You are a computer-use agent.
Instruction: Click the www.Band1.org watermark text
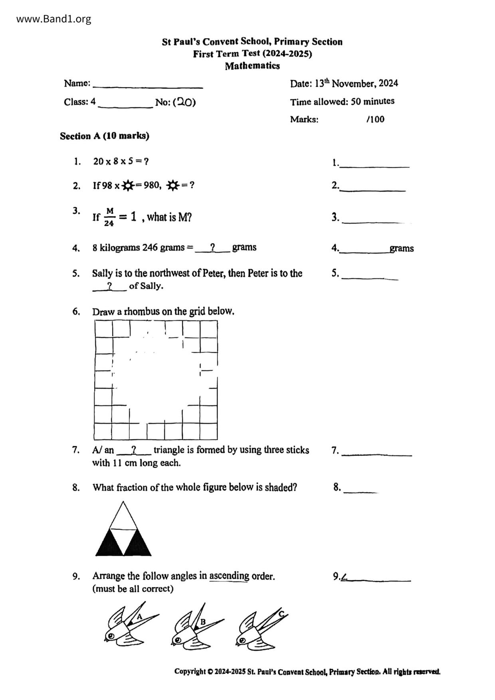point(53,19)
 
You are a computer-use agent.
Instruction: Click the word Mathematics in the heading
point(252,66)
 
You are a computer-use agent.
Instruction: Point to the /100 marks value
point(375,119)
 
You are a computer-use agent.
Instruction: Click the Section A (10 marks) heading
point(105,136)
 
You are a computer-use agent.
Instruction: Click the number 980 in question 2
point(151,185)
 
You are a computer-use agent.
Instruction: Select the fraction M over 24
point(109,217)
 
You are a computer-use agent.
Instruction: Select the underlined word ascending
point(229,576)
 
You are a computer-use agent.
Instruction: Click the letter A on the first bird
point(139,617)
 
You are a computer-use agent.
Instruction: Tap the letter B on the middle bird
point(203,621)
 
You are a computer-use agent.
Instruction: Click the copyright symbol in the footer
point(210,672)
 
